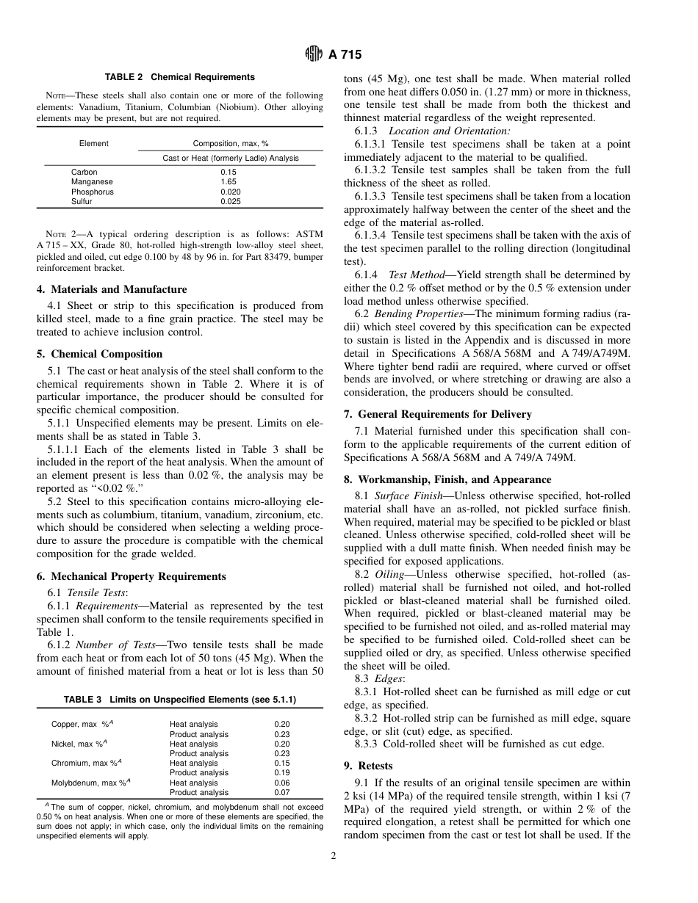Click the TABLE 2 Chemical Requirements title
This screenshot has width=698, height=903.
tap(180, 77)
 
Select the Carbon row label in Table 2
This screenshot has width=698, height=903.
tap(83, 173)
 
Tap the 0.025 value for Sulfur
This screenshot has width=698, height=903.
tap(231, 201)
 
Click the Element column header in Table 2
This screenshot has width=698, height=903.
tap(93, 144)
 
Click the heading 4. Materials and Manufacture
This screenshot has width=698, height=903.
tap(112, 289)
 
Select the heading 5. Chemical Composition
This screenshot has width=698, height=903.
tap(100, 354)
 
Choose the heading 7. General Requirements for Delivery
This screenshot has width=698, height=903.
tap(438, 414)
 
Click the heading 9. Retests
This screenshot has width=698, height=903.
tap(368, 766)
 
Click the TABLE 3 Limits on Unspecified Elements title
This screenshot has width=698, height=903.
tap(180, 700)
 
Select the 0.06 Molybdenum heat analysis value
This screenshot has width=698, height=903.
tap(281, 783)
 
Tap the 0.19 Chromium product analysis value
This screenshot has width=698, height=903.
tap(281, 772)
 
